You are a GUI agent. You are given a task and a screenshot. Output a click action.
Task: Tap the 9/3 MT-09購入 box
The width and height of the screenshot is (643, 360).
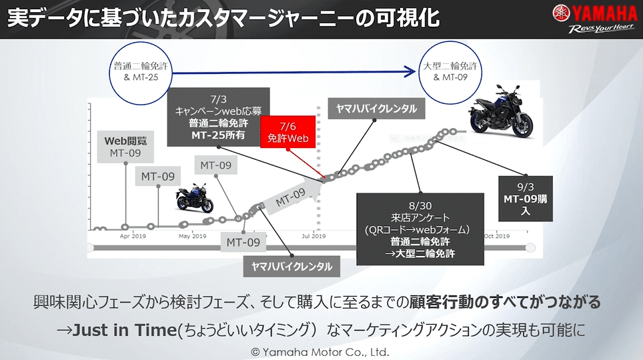coord(526,199)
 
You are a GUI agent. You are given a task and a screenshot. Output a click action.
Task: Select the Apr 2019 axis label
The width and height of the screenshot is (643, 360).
coord(133,236)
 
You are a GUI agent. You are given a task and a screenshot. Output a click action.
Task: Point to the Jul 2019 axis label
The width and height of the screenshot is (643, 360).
coord(313,236)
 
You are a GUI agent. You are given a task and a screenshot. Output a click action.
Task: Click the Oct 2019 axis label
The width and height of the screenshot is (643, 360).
coord(497,236)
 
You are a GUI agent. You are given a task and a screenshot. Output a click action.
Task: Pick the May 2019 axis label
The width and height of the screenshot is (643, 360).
coord(193,236)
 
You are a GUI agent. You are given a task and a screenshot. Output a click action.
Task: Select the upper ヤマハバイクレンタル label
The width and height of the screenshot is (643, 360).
coord(377,109)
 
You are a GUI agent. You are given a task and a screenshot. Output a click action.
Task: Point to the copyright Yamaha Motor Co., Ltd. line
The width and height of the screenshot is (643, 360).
coord(320,351)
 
